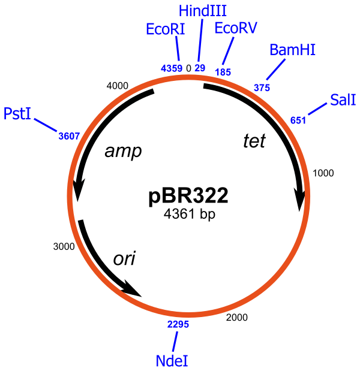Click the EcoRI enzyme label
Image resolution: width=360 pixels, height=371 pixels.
click(x=165, y=29)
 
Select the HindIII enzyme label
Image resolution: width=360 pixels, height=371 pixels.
click(x=203, y=11)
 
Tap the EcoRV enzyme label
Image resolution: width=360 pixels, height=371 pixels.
click(x=236, y=28)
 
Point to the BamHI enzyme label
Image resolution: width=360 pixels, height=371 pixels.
click(x=292, y=50)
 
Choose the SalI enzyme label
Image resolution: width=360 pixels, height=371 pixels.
click(x=343, y=100)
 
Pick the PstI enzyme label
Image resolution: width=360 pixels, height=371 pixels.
click(x=17, y=114)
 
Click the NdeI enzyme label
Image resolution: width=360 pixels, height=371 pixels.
click(x=172, y=361)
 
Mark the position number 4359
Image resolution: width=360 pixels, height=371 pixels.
click(x=172, y=68)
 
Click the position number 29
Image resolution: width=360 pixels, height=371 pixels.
click(x=200, y=68)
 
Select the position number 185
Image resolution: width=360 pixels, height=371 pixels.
click(x=223, y=72)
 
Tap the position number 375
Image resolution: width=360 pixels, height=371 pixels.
click(x=262, y=88)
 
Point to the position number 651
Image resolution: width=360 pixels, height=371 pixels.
click(x=298, y=120)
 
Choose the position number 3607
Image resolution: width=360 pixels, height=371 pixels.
click(x=69, y=136)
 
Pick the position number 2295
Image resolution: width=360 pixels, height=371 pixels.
click(x=178, y=324)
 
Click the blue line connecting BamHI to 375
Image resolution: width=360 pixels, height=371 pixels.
click(x=276, y=70)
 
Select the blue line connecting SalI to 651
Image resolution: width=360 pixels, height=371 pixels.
click(x=318, y=109)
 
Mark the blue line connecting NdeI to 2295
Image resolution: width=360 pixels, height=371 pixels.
click(x=175, y=342)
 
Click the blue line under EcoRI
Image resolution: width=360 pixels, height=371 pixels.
click(x=178, y=49)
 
